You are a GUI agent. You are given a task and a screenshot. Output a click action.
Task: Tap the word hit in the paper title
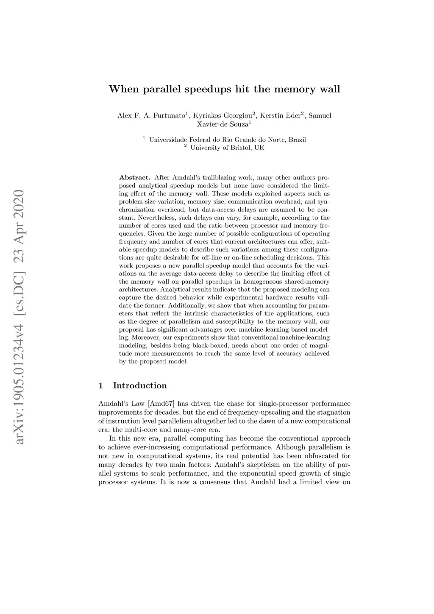coord(243,89)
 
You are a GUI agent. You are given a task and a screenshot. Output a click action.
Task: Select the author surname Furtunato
coord(168,115)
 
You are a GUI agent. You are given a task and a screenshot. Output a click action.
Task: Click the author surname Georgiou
coord(238,115)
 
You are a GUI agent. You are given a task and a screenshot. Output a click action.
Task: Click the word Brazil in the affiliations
coord(297,140)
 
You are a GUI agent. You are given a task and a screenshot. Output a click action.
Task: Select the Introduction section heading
coord(140,385)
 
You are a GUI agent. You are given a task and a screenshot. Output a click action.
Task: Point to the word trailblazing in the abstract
coord(220,178)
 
